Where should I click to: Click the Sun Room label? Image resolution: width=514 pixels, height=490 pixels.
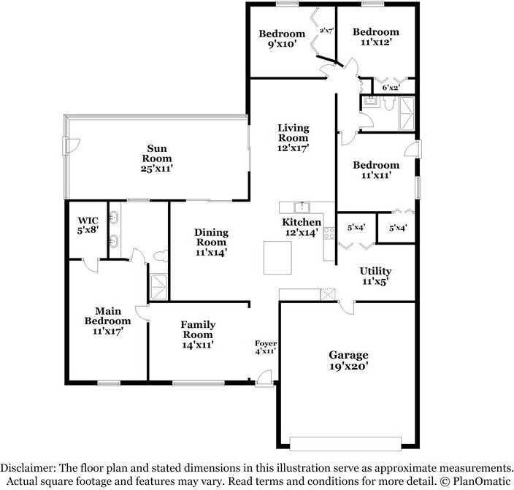(157, 158)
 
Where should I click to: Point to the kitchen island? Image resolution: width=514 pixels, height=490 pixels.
(277, 256)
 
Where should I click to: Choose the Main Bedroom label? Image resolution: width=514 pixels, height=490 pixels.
(107, 321)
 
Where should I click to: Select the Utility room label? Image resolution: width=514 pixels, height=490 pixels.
(376, 276)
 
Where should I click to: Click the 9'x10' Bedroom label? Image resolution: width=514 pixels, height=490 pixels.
(281, 39)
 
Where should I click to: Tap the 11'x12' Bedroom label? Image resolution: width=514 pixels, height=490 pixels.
(376, 37)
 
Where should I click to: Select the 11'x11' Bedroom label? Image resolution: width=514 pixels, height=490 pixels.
(376, 170)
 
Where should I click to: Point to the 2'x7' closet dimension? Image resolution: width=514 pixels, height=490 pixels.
(326, 31)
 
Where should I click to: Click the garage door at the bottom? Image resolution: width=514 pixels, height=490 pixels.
(345, 443)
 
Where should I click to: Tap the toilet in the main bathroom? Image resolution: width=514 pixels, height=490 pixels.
(161, 256)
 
